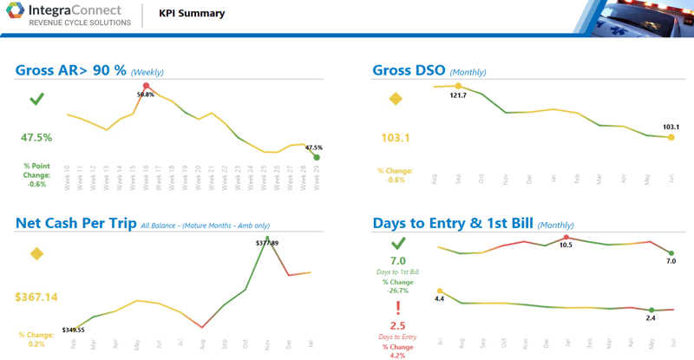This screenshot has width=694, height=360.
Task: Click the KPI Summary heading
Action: (192, 14)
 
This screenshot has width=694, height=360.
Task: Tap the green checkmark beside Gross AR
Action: (36, 100)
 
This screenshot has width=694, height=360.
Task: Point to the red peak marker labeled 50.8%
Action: (146, 86)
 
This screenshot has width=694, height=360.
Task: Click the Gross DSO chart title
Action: (409, 70)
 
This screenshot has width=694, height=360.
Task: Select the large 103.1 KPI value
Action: (396, 138)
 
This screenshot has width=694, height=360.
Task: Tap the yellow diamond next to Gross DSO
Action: (396, 99)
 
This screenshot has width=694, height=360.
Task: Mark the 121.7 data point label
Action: (458, 95)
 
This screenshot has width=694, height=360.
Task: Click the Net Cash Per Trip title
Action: (75, 224)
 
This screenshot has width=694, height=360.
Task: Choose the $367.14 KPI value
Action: (36, 298)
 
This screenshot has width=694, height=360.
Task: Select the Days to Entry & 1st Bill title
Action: (452, 224)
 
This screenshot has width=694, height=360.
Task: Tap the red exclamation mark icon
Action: (398, 310)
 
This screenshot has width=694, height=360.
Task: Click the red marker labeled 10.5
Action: (566, 237)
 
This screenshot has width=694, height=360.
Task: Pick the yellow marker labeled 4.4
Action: (440, 291)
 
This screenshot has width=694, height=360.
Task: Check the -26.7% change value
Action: (397, 291)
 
